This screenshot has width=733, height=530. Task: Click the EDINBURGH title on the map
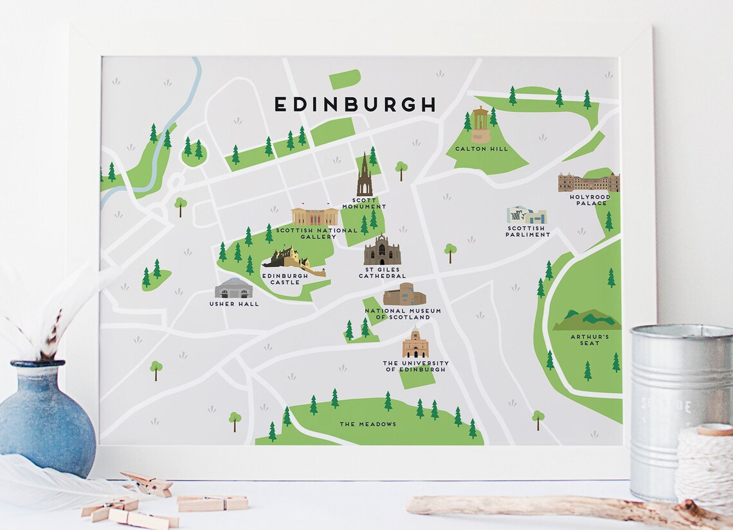[355, 104]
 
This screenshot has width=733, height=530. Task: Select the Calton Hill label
[481, 149]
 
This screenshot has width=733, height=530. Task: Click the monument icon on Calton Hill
[480, 125]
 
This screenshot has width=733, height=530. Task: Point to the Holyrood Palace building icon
[588, 183]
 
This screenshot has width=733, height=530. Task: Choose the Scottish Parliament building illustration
[526, 215]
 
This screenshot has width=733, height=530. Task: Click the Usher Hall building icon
[234, 288]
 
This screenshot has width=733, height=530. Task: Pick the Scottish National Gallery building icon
[314, 216]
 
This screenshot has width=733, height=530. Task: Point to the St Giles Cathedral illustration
[382, 251]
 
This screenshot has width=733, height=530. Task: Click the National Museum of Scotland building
[404, 295]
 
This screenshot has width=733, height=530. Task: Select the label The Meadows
[368, 424]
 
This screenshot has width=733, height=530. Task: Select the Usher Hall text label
[234, 304]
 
